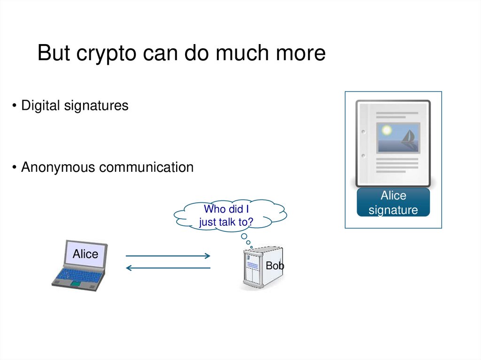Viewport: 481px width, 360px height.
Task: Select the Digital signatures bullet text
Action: point(75,106)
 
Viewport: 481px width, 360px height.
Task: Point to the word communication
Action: point(146,167)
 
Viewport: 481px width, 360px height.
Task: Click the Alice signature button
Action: point(393,202)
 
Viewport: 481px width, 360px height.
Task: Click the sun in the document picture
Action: point(387,130)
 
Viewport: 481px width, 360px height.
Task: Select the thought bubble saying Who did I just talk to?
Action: point(230,215)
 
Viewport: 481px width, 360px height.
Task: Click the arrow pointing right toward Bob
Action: point(168,256)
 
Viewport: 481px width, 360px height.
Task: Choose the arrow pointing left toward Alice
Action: point(168,268)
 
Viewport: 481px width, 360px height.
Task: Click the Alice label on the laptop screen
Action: point(85,254)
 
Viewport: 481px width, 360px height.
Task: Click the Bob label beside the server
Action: point(275,266)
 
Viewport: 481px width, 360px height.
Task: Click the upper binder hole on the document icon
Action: point(363,132)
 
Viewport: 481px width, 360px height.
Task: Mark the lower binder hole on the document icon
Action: point(363,155)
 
